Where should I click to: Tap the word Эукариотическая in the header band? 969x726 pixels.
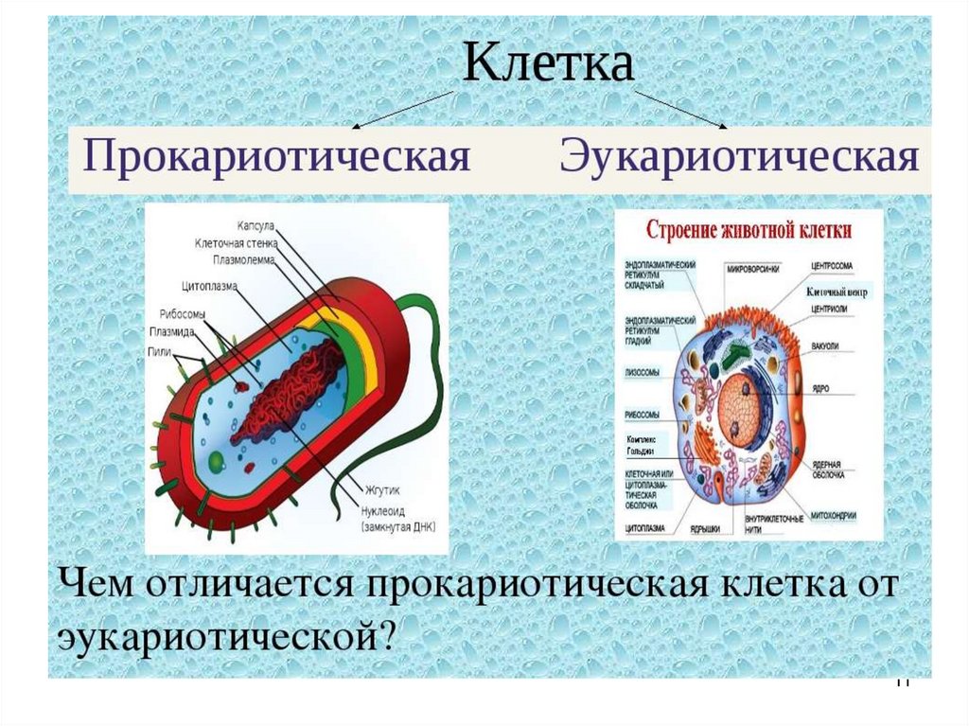(x=739, y=155)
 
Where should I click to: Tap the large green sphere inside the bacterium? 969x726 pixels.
(x=217, y=461)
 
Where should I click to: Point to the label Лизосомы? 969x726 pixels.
(x=643, y=373)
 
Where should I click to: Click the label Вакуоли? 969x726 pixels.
(x=824, y=346)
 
